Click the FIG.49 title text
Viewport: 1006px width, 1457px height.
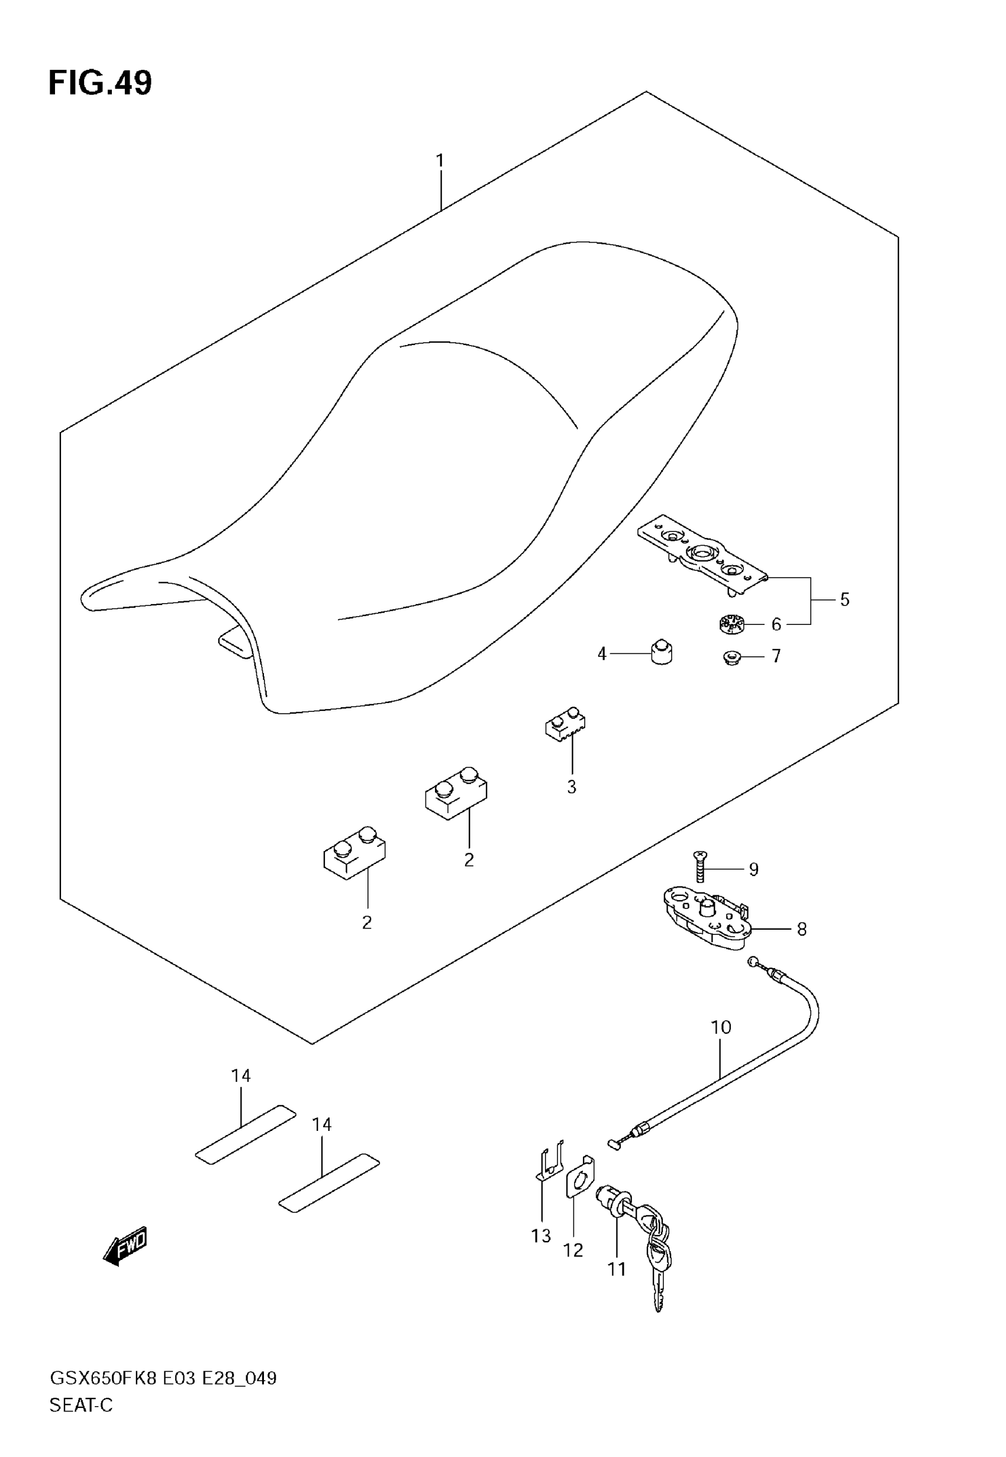click(x=100, y=83)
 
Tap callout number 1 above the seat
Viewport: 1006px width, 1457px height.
click(x=440, y=161)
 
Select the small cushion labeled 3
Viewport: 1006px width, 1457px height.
click(x=565, y=723)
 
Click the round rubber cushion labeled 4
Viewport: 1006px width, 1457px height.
click(x=661, y=652)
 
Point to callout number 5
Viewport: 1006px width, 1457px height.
click(x=844, y=599)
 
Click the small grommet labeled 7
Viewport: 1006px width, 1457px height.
click(x=732, y=658)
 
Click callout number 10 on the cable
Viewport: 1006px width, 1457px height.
click(x=720, y=1027)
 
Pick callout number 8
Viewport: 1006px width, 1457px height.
click(x=801, y=930)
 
